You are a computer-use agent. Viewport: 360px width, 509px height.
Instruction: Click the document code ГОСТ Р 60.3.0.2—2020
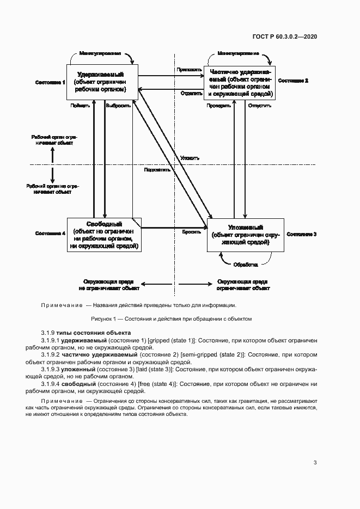coord(285,36)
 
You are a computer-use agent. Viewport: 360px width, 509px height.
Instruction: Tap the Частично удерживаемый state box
coord(239,83)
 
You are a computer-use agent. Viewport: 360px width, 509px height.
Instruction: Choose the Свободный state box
coord(104,235)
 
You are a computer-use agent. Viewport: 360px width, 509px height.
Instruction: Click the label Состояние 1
coord(50,82)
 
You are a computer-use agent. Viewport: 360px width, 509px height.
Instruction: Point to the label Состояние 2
coord(293,81)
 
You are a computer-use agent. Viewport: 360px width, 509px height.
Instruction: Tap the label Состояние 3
coord(302,234)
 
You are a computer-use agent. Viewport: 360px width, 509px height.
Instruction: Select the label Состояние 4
coord(50,234)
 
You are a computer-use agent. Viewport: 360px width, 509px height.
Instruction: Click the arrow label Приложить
coord(185,70)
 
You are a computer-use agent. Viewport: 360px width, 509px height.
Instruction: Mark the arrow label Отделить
coord(186,94)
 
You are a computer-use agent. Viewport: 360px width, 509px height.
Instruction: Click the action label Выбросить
coord(118,106)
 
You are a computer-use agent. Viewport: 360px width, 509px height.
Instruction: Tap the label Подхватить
coord(157,169)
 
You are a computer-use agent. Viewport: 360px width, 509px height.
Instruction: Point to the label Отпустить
coord(259,106)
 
